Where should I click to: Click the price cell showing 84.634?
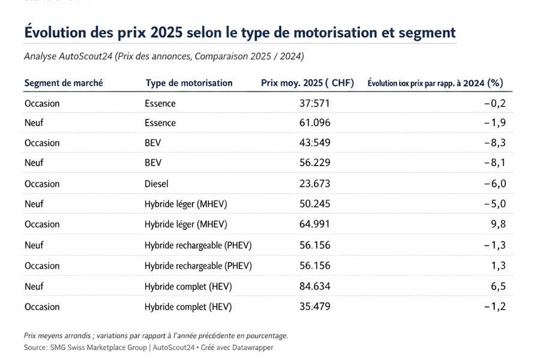pos(315,286)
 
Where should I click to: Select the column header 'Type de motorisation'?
pos(189,83)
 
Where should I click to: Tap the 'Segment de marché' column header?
pos(64,83)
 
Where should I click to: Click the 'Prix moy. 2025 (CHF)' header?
pos(308,83)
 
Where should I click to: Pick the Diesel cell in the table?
pos(157,184)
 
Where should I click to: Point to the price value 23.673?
pos(315,184)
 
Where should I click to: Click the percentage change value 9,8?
pos(498,224)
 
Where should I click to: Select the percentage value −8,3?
pos(494,143)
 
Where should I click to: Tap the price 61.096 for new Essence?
pos(315,123)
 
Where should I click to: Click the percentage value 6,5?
pos(498,286)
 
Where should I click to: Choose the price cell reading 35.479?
pos(315,307)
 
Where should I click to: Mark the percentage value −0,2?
pos(494,103)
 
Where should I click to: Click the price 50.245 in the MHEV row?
pos(315,204)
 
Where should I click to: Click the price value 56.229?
pos(315,163)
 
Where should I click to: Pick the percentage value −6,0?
pos(494,184)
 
